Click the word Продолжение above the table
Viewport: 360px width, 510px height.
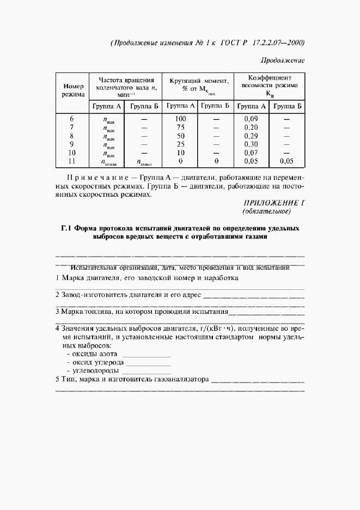tap(282, 60)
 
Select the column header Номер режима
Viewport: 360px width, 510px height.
tap(74, 90)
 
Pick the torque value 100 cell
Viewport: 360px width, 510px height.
tap(181, 119)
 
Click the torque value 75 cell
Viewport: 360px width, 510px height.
tap(181, 127)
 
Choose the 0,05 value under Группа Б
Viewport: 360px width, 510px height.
tap(286, 162)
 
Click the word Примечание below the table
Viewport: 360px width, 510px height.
tap(95, 178)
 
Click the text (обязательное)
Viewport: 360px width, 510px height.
tap(267, 211)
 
